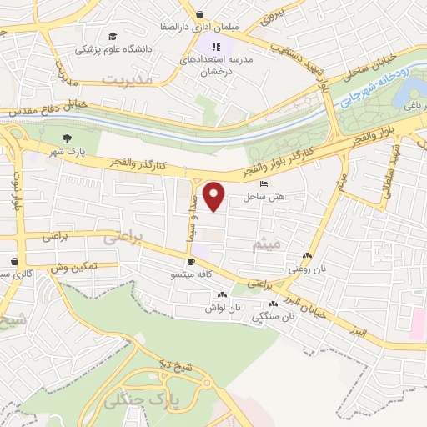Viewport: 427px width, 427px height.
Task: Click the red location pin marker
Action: point(215,197)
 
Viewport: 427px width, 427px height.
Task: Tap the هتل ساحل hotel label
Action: point(259,197)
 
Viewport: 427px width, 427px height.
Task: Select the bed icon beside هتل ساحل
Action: point(264,185)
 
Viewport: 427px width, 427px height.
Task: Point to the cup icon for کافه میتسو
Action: point(193,262)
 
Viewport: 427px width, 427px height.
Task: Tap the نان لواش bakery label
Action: point(223,307)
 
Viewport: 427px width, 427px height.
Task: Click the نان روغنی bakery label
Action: point(304,269)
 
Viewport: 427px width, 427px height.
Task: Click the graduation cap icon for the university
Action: point(111,37)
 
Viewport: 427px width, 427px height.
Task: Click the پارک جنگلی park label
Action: point(143,400)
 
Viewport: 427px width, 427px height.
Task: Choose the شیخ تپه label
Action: point(176,364)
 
